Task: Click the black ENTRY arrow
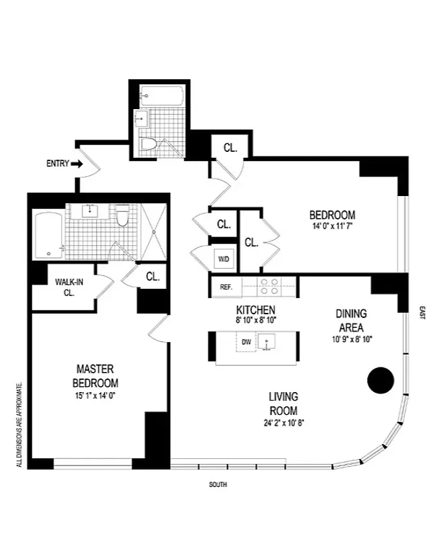coord(77,164)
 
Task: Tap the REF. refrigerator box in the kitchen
coord(227,287)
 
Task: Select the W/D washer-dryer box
coord(224,259)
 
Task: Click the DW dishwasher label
coord(246,342)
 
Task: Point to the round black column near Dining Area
coord(380,380)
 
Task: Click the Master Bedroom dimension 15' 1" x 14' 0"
coord(95,396)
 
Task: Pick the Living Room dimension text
coord(284,423)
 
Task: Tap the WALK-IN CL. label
coord(69,288)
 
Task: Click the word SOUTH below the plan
coord(218,484)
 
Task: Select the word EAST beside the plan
coord(422,313)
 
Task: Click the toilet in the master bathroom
coord(123,216)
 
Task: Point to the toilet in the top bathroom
coord(149,144)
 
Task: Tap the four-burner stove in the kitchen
coord(269,287)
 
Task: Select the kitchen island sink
coord(267,342)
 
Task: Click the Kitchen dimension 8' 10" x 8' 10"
coord(256,320)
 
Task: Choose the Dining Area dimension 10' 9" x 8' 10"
coord(352,340)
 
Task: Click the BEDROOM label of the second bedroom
coord(332,215)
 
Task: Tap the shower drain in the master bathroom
coord(154,232)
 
